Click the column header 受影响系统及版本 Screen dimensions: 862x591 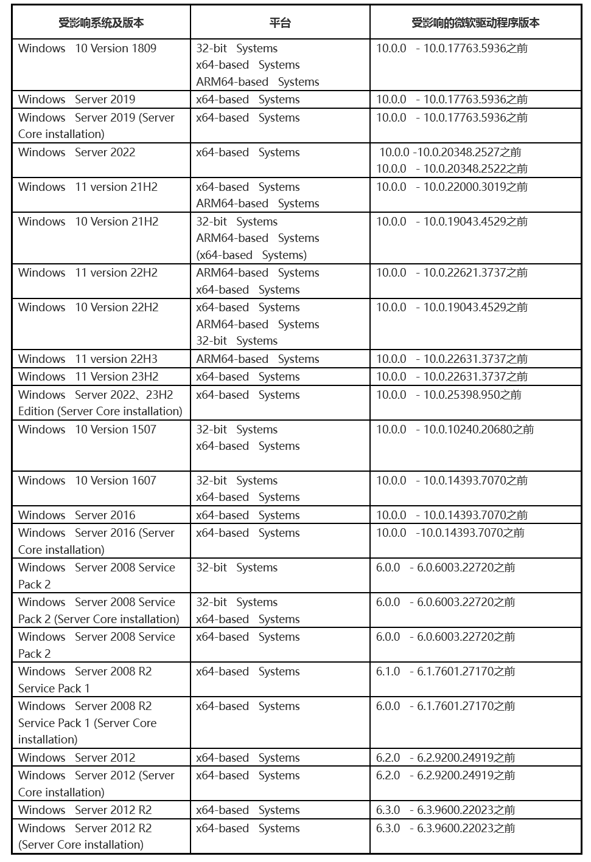tap(101, 23)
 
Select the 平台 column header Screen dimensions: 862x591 tap(280, 23)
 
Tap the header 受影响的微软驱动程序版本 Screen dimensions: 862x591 tap(475, 23)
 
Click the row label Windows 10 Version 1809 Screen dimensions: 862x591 tap(87, 49)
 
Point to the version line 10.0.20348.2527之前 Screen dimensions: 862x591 tap(450, 153)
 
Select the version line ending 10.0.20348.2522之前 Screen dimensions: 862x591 tap(452, 169)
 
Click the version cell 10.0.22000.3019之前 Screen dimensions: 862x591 tap(452, 187)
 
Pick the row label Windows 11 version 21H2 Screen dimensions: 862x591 tap(88, 187)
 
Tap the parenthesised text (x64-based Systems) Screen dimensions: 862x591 tap(251, 255)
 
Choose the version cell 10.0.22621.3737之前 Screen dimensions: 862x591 tap(452, 273)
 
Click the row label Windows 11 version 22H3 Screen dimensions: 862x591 tap(88, 359)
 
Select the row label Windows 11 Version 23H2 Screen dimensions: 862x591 tap(88, 377)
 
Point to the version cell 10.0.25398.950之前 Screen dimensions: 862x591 tap(449, 395)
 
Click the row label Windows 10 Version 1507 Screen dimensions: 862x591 tap(87, 430)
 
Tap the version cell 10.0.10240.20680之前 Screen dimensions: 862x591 tap(455, 430)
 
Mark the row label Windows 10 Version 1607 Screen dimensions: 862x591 tap(87, 481)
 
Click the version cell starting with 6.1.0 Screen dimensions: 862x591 tap(446, 672)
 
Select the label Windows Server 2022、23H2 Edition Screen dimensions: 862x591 tap(100, 403)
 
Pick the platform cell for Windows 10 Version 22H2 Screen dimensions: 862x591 tap(257, 325)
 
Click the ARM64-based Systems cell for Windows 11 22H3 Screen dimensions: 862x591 tap(257, 359)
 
